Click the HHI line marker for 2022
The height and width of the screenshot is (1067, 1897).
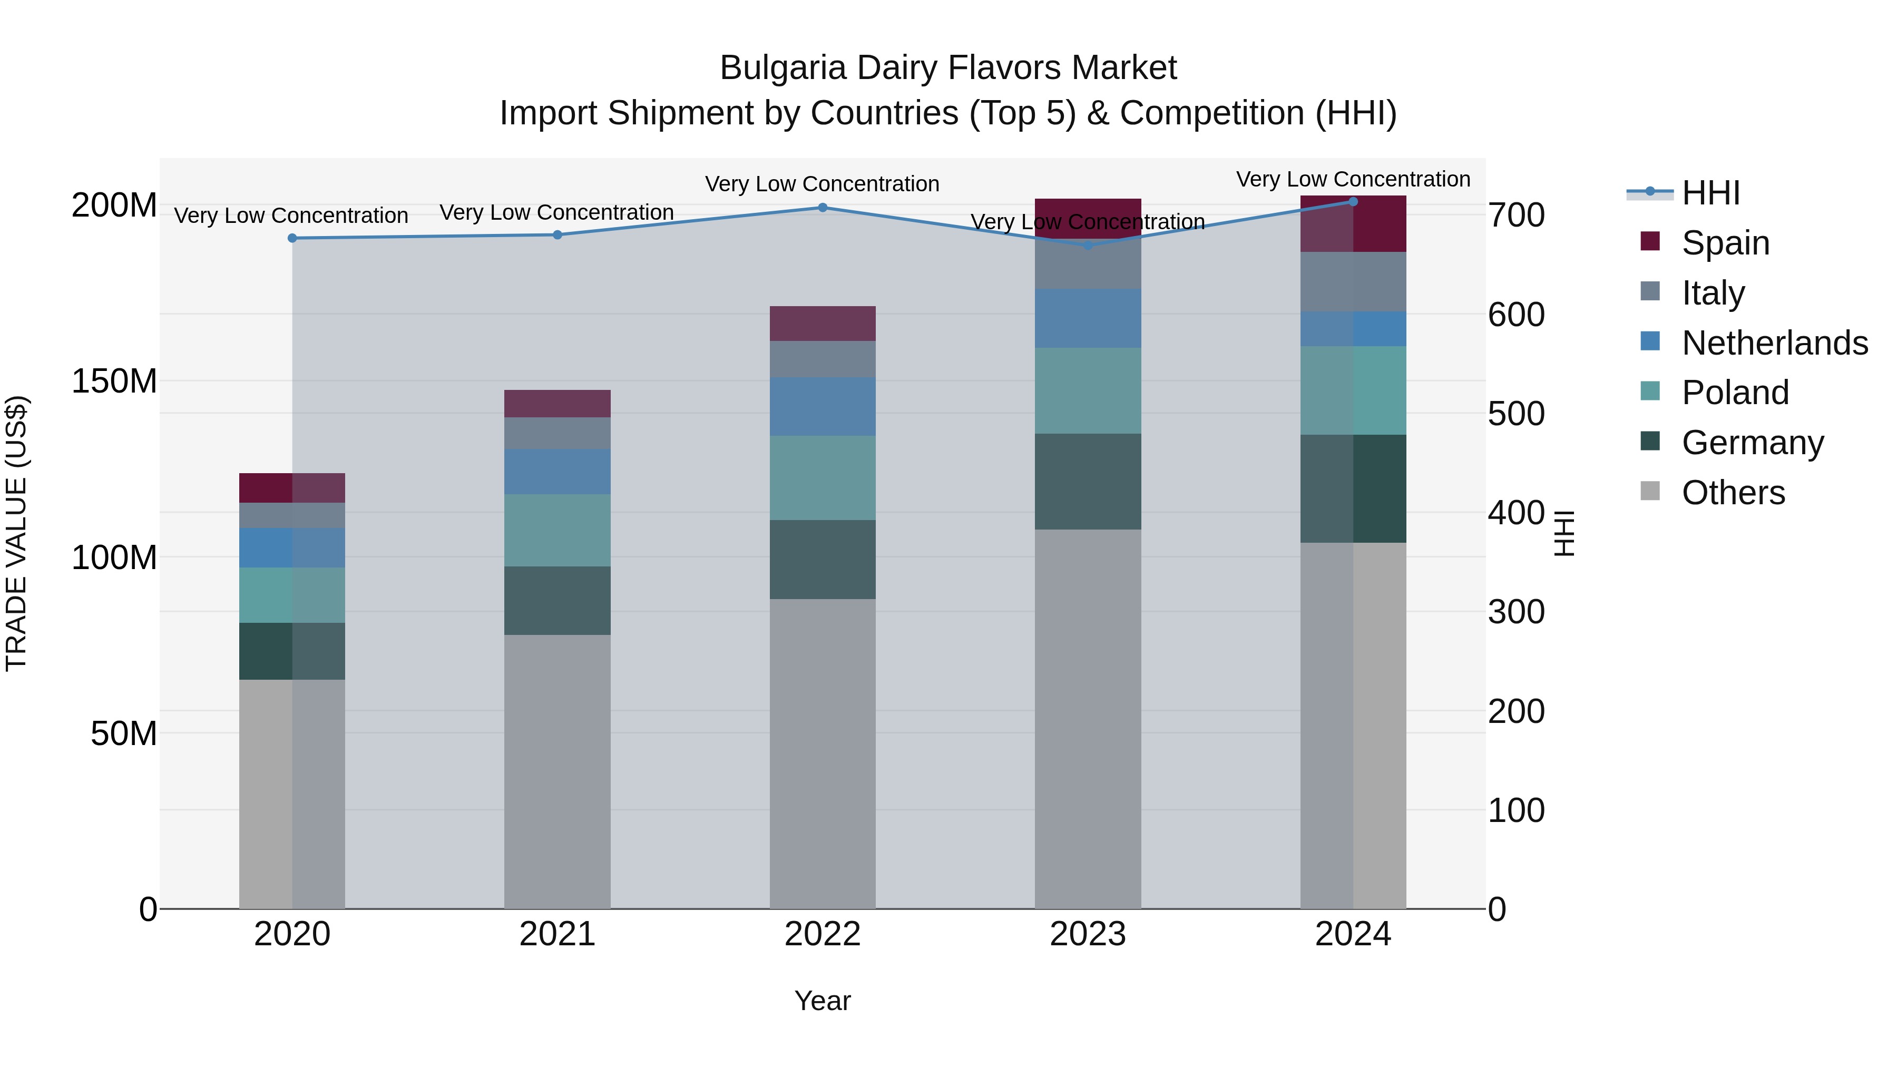click(x=823, y=208)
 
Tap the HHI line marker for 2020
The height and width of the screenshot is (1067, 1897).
click(x=292, y=238)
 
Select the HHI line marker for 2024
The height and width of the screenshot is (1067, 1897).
click(x=1353, y=202)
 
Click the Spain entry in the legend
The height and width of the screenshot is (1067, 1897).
click(x=1725, y=243)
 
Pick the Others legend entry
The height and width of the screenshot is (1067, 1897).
click(x=1733, y=493)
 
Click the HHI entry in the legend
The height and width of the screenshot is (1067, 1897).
click(x=1710, y=193)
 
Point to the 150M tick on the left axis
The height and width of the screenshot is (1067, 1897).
click(x=114, y=381)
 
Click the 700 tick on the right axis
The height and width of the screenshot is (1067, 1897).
click(x=1515, y=215)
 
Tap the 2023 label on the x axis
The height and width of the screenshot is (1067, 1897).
click(x=1088, y=934)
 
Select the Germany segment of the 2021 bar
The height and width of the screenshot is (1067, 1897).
click(x=558, y=600)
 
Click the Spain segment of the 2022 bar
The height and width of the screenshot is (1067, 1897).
click(x=823, y=324)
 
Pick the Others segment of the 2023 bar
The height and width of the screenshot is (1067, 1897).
click(x=1088, y=718)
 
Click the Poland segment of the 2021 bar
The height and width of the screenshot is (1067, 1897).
click(x=558, y=530)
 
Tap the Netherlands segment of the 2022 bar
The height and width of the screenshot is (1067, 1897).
click(x=823, y=406)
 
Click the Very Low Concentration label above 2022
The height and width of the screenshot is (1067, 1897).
click(x=822, y=184)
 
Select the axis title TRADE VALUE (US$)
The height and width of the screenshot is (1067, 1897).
click(x=16, y=533)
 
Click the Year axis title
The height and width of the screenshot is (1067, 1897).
click(x=823, y=1001)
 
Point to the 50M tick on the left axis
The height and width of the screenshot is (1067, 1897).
click(x=124, y=733)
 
